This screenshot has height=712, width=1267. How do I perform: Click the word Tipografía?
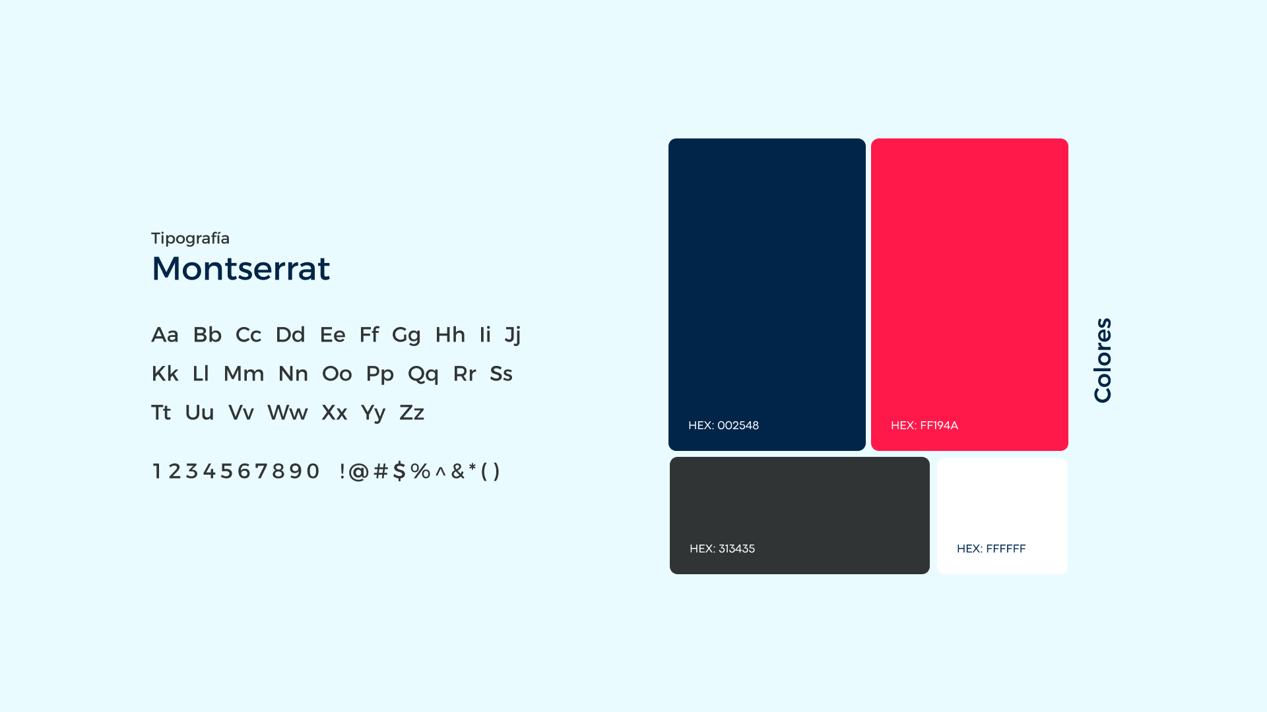pyautogui.click(x=190, y=239)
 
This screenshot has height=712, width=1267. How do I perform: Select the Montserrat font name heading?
pyautogui.click(x=241, y=268)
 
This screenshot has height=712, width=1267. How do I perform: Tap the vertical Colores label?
pyautogui.click(x=1103, y=360)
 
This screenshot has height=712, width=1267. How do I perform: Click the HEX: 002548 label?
pyautogui.click(x=723, y=425)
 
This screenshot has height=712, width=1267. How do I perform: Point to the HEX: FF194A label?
pyautogui.click(x=925, y=425)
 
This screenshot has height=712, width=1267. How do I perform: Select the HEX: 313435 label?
pyautogui.click(x=722, y=549)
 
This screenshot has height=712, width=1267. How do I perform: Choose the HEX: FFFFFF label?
pyautogui.click(x=991, y=549)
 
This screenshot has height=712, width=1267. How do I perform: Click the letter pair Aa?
pyautogui.click(x=165, y=335)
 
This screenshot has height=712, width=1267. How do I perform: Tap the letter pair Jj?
pyautogui.click(x=513, y=336)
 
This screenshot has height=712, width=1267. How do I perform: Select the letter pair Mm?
pyautogui.click(x=244, y=374)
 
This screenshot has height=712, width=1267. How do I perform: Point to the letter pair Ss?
pyautogui.click(x=501, y=374)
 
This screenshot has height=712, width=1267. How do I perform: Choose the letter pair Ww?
pyautogui.click(x=287, y=413)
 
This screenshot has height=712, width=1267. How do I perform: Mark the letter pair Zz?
pyautogui.click(x=412, y=413)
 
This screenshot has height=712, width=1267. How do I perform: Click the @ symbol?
pyautogui.click(x=358, y=471)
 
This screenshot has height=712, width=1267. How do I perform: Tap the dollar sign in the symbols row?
pyautogui.click(x=399, y=471)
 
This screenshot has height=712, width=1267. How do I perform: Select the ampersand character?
pyautogui.click(x=458, y=471)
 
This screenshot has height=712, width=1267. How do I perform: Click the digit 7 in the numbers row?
pyautogui.click(x=261, y=471)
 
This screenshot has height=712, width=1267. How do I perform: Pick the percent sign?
pyautogui.click(x=420, y=471)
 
